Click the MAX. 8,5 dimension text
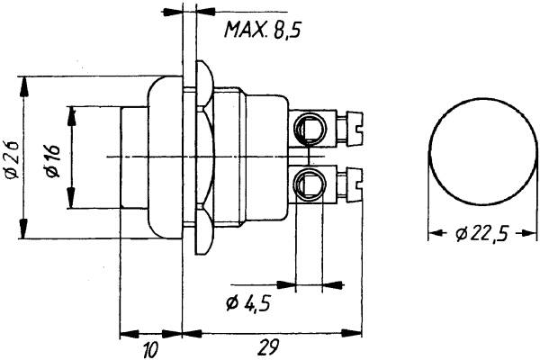(263, 30)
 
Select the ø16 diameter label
(53, 161)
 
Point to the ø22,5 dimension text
(481, 234)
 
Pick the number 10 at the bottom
(150, 349)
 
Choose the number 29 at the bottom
(267, 347)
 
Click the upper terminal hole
(310, 129)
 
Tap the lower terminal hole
(310, 184)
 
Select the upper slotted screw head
(355, 127)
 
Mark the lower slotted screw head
(355, 184)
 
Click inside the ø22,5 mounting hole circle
(482, 152)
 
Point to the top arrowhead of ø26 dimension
(23, 86)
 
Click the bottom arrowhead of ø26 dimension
(23, 228)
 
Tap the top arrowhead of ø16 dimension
(72, 116)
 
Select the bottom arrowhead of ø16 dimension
(71, 198)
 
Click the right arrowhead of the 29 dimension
(352, 333)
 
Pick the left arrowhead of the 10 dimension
(130, 334)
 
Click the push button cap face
(135, 157)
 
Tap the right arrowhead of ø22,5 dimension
(528, 233)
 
